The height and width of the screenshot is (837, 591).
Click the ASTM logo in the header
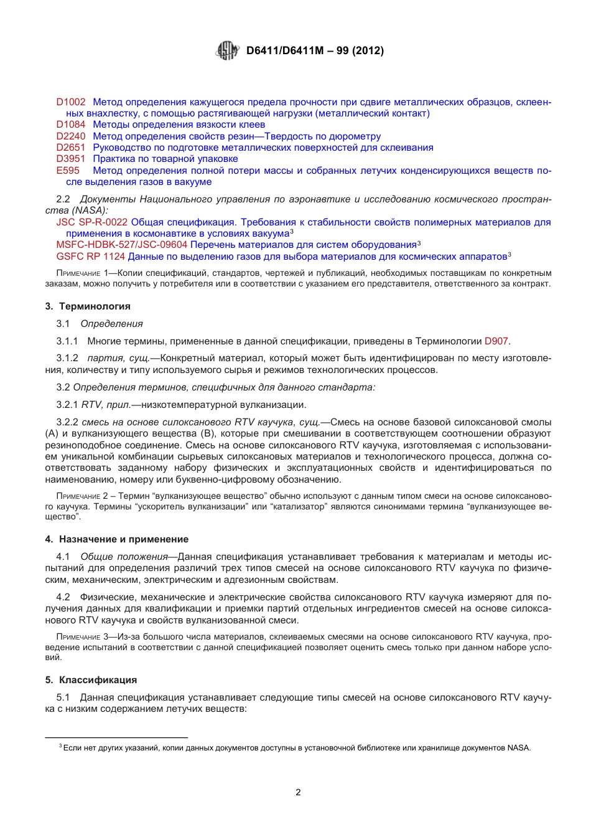(x=227, y=50)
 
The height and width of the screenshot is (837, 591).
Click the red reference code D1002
(x=71, y=102)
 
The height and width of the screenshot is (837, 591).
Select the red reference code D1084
(x=71, y=125)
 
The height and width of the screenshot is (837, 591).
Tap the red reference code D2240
(x=71, y=136)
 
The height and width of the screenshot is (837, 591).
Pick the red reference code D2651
(x=71, y=148)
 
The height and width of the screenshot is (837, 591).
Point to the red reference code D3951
(x=71, y=159)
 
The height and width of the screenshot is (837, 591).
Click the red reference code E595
(x=68, y=171)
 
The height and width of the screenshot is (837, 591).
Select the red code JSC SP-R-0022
(x=92, y=222)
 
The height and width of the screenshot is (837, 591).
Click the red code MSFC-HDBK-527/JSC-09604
(x=122, y=245)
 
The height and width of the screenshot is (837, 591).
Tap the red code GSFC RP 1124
(x=91, y=257)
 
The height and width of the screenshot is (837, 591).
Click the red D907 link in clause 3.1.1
(x=496, y=341)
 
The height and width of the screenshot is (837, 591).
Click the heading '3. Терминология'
(x=88, y=306)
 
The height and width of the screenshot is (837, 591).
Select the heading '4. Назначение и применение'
(x=117, y=539)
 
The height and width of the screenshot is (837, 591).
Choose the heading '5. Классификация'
(x=91, y=680)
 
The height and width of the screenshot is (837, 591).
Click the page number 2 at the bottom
(x=298, y=792)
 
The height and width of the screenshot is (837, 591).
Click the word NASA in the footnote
(x=518, y=748)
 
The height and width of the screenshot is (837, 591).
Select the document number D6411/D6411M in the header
(x=285, y=51)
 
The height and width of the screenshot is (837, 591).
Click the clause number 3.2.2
(x=67, y=422)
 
